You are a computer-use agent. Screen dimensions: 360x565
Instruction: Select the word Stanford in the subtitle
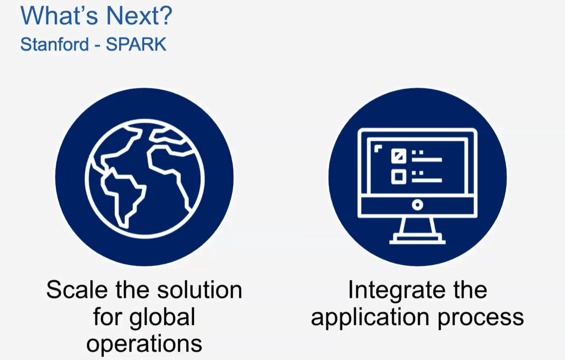53,44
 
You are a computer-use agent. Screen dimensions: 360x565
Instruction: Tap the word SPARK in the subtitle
136,44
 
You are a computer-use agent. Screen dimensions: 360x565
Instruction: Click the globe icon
144,177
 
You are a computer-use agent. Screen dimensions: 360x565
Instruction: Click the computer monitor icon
417,177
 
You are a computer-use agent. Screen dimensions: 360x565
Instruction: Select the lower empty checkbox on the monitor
398,177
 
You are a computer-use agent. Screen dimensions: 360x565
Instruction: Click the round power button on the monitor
417,204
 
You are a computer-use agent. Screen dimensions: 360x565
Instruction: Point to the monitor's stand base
417,240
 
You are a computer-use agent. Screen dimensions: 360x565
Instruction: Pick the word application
367,318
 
